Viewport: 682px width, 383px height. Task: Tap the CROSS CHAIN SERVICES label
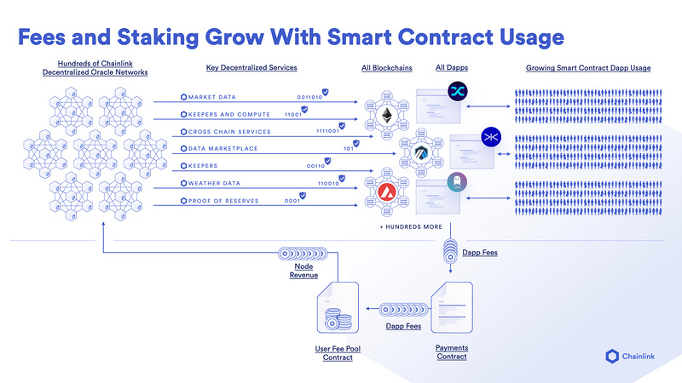pos(229,132)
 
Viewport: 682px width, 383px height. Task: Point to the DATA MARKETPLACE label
pos(224,149)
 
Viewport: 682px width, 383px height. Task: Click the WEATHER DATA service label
pos(218,183)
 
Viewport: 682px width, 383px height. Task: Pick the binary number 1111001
pos(327,132)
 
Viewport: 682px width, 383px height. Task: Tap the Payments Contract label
pos(451,352)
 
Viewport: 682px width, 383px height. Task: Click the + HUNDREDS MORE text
pos(411,228)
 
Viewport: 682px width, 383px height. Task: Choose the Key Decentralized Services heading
pos(251,67)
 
